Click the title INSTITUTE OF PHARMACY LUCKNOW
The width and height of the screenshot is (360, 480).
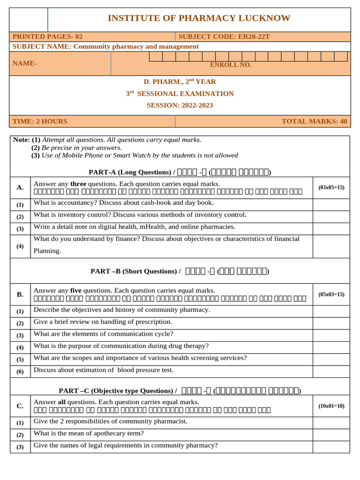coord(199,18)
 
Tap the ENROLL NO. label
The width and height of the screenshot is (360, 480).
coord(231,65)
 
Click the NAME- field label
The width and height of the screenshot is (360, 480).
coord(25,63)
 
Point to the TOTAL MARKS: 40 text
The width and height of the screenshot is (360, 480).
coord(314,121)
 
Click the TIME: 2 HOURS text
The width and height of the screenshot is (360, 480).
coord(40,121)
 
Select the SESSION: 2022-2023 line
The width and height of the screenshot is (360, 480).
coord(180,105)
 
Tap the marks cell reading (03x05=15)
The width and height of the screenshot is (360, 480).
coord(331,187)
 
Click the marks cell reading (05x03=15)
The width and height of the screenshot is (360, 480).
coord(331,294)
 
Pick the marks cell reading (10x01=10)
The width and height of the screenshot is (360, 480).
coord(331,406)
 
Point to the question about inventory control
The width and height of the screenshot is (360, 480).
coord(140,215)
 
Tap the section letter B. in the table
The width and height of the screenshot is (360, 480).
coord(20,294)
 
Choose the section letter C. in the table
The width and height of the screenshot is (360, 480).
coord(20,406)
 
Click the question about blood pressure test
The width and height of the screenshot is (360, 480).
coord(104,370)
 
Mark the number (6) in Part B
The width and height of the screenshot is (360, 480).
coord(20,371)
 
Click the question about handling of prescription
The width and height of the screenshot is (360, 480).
coord(103,322)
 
